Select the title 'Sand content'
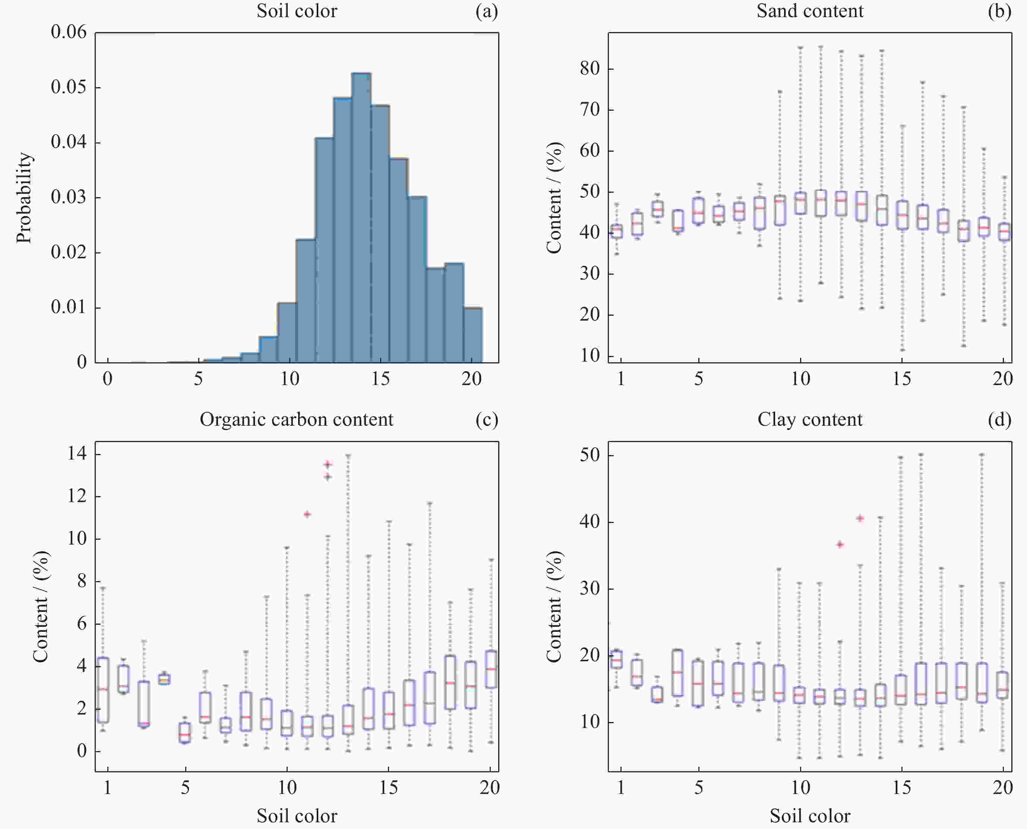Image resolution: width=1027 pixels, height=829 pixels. pos(810,11)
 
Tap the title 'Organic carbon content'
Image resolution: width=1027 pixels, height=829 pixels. pos(297,419)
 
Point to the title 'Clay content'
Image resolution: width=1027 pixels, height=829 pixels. pos(810,419)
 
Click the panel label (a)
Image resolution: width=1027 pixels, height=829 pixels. pos(487,11)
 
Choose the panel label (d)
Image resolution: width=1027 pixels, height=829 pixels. pos(999,419)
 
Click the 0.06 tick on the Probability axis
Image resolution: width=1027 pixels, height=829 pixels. pos(69,32)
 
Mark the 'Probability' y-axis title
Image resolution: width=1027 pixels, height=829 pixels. pos(24,198)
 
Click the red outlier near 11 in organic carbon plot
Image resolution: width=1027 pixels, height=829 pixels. pos(307,514)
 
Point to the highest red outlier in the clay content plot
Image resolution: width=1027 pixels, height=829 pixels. pos(860,518)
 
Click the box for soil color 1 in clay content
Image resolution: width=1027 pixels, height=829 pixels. pos(617,659)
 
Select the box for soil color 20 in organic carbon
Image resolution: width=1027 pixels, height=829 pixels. pos(491,669)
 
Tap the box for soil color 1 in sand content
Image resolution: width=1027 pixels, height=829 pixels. pos(617,231)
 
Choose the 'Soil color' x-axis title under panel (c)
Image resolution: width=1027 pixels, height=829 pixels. pos(297,816)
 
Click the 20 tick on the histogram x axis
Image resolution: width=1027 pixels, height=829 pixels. pos(472,379)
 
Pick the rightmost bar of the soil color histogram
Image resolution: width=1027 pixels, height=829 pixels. pos(473,335)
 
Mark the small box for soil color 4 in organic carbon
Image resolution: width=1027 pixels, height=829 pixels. pos(165,679)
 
